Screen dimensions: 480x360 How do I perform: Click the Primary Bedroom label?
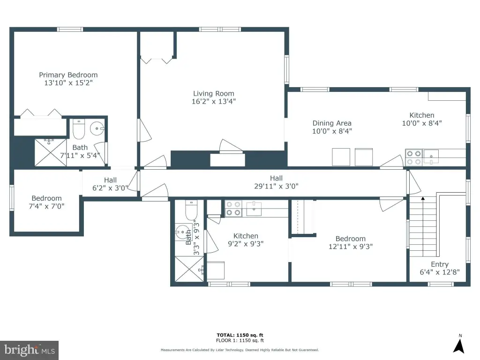click(68, 75)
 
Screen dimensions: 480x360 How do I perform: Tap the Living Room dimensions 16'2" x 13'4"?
click(214, 101)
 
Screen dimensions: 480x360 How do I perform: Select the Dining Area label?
click(332, 123)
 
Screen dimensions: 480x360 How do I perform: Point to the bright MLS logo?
click(30, 350)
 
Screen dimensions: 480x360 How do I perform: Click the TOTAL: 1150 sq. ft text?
click(240, 335)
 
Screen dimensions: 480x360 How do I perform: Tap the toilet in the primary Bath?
click(79, 129)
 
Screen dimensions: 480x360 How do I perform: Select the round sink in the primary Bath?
click(97, 128)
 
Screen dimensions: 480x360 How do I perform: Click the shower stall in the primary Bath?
click(51, 152)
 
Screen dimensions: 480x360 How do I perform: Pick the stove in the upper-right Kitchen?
click(413, 157)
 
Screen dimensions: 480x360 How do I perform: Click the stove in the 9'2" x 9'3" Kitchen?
click(233, 209)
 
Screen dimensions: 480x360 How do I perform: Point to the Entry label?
click(440, 264)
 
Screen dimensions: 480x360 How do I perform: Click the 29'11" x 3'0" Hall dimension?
click(276, 186)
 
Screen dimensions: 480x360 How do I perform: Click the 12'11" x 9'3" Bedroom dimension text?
click(351, 247)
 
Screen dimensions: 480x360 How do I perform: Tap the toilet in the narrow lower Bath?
click(191, 210)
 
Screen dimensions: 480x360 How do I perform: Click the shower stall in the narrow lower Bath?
click(189, 269)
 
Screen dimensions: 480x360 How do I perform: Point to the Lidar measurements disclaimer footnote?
click(240, 350)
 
